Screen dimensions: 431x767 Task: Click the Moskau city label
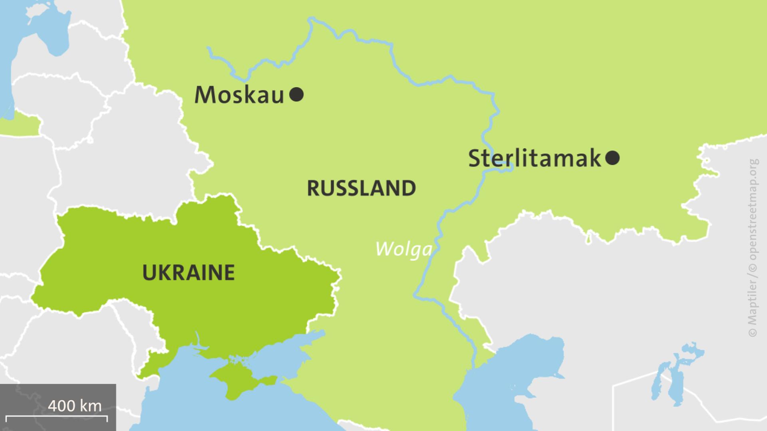[239, 95]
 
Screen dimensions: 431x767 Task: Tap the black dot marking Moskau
[296, 95]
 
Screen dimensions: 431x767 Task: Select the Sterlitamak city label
[535, 158]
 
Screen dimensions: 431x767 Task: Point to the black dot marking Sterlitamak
[612, 158]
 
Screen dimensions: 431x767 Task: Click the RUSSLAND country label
[361, 188]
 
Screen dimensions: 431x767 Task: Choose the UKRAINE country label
[188, 273]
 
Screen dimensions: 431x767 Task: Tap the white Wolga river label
[403, 249]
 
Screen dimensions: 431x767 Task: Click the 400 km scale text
[75, 406]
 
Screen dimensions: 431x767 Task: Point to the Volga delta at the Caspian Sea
[475, 369]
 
